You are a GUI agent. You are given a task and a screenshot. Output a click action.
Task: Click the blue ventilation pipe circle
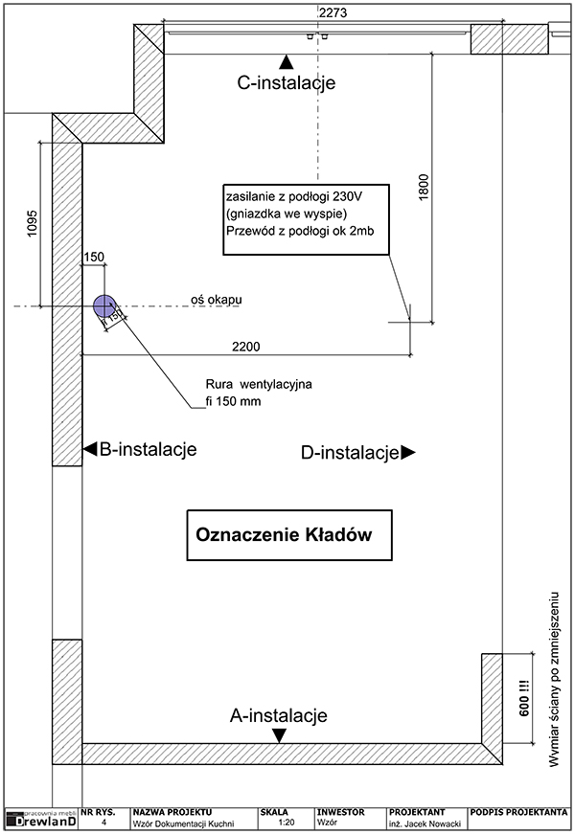(x=103, y=306)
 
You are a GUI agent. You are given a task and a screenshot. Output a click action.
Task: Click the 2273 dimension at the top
(x=333, y=11)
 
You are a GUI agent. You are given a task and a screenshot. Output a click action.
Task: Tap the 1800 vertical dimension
(x=425, y=188)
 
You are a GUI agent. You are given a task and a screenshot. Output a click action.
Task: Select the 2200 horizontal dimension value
(x=246, y=346)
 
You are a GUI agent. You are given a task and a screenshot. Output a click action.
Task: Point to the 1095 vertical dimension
(x=31, y=222)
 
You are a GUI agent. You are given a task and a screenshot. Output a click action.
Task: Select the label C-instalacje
(x=286, y=83)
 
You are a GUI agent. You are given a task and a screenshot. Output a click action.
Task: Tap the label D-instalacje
(x=349, y=453)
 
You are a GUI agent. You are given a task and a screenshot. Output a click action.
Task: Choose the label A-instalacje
(x=279, y=715)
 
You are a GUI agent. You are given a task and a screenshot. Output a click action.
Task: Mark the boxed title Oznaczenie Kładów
(x=283, y=535)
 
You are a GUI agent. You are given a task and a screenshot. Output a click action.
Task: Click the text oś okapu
(x=215, y=300)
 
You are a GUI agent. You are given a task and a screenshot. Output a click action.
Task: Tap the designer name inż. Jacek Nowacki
(x=425, y=823)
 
